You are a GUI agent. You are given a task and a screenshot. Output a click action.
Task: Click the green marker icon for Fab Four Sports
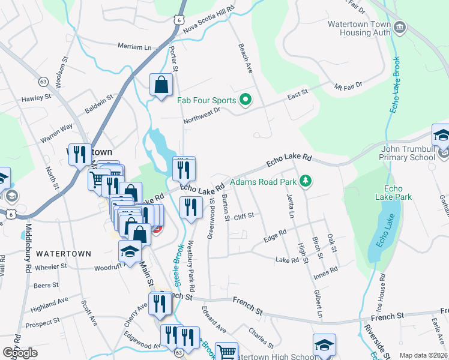pos(245,100)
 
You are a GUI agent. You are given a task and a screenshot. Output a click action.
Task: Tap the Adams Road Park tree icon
pos(306,181)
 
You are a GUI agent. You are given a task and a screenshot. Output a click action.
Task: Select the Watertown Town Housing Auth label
pos(359,29)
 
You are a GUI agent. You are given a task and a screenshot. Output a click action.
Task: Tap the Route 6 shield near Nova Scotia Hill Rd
pos(179,20)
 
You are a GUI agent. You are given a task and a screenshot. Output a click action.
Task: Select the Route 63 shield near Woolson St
pos(43,80)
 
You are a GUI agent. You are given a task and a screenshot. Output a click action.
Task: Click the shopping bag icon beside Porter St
pos(161,85)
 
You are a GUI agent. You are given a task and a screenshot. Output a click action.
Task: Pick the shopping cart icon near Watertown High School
pos(227,352)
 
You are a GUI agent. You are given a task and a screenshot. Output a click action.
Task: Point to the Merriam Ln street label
pos(135,47)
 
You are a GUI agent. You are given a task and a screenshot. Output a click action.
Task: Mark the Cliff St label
pos(244,215)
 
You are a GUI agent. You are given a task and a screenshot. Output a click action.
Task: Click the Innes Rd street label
pos(326,274)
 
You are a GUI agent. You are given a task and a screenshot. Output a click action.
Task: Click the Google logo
pos(20,353)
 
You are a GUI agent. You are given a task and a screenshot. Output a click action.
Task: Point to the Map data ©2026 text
pos(423,356)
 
